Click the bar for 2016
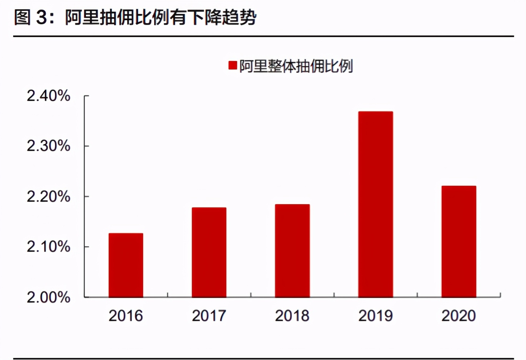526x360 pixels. click(126, 265)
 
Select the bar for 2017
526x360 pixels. click(209, 252)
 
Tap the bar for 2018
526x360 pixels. click(292, 250)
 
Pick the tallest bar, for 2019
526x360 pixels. click(375, 204)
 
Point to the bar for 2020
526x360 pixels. click(459, 242)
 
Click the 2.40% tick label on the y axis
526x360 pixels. click(48, 95)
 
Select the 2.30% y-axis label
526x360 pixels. click(48, 146)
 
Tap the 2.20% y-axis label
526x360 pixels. click(48, 197)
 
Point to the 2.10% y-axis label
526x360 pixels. click(48, 247)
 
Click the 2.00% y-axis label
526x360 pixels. click(48, 297)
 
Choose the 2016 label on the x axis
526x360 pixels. click(126, 316)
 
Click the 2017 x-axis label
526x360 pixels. click(209, 316)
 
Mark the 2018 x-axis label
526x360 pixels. click(292, 316)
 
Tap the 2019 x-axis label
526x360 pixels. click(375, 316)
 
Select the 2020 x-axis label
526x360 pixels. click(459, 316)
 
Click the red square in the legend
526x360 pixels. click(232, 65)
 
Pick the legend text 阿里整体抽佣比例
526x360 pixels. click(296, 66)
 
